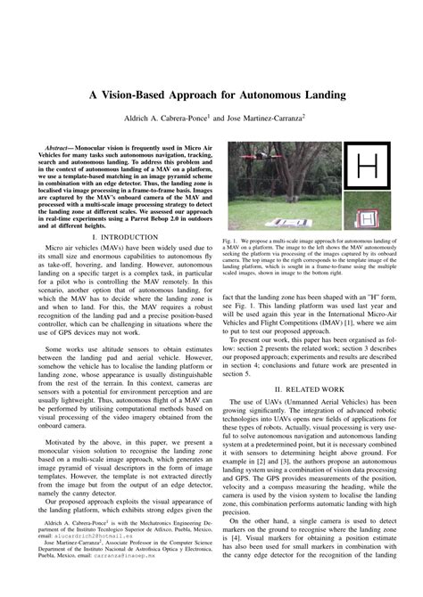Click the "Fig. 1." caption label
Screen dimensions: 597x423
229,241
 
